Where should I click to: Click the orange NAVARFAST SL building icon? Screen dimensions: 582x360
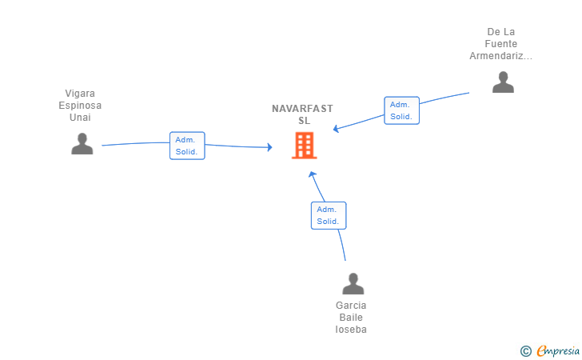pyautogui.click(x=305, y=146)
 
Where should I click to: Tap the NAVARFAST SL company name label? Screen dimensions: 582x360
pyautogui.click(x=302, y=114)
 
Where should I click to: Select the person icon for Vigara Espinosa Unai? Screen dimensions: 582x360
pyautogui.click(x=82, y=143)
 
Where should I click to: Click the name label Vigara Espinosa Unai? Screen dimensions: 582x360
pyautogui.click(x=80, y=105)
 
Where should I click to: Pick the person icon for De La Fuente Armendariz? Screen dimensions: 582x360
pyautogui.click(x=503, y=82)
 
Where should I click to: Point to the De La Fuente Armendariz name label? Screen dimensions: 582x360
pyautogui.click(x=500, y=44)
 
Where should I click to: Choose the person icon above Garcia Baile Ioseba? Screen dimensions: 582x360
pyautogui.click(x=353, y=284)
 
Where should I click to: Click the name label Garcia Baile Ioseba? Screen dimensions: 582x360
pyautogui.click(x=351, y=318)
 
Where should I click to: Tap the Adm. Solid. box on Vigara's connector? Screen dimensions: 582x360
pyautogui.click(x=187, y=146)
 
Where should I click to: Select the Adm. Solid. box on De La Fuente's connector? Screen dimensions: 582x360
pyautogui.click(x=401, y=110)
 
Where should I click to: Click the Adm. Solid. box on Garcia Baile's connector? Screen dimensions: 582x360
pyautogui.click(x=329, y=215)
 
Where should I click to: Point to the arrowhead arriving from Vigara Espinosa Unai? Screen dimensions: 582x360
pyautogui.click(x=270, y=147)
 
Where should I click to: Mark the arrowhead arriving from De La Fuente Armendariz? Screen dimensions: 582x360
pyautogui.click(x=336, y=129)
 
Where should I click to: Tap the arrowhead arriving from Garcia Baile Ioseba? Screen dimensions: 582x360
pyautogui.click(x=312, y=174)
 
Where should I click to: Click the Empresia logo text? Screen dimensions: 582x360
pyautogui.click(x=558, y=350)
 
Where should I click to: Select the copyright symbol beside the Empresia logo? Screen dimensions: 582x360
pyautogui.click(x=525, y=351)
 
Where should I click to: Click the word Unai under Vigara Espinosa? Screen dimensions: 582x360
pyautogui.click(x=80, y=118)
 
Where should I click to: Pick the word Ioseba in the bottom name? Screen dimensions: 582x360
pyautogui.click(x=351, y=330)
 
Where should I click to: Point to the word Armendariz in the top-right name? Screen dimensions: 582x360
pyautogui.click(x=500, y=56)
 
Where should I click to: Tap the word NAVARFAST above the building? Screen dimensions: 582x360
pyautogui.click(x=302, y=109)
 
